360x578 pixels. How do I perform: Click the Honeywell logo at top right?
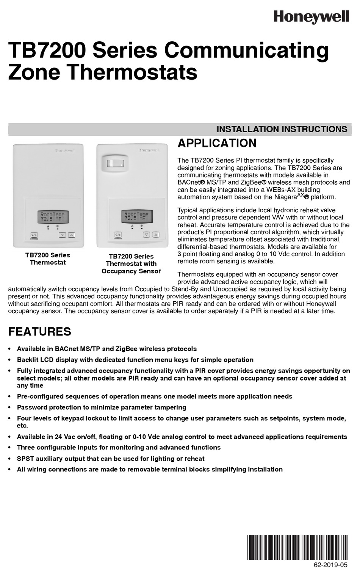311,16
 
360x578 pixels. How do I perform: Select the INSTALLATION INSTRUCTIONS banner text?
282,129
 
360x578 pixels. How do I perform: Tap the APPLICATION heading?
217,143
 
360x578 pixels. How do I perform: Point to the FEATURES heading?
40,332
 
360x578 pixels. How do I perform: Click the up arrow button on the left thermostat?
71,235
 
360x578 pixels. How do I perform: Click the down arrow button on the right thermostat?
146,235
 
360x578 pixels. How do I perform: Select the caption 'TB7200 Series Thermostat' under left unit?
48,259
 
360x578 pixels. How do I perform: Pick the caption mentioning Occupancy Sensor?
131,264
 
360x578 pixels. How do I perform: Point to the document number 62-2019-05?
330,565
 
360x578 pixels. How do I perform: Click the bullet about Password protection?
102,407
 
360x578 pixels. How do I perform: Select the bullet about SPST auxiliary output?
111,459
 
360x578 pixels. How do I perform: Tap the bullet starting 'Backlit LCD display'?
135,360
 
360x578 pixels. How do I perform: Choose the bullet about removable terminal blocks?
150,469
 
